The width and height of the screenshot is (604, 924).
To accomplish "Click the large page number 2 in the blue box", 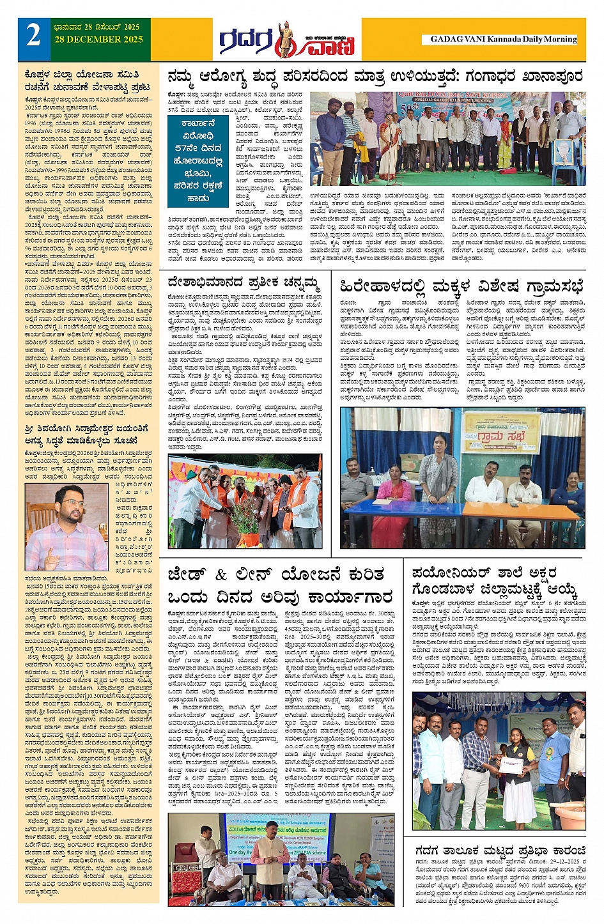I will click(x=33, y=36).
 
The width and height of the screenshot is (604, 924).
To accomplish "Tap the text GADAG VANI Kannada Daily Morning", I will click(x=503, y=39).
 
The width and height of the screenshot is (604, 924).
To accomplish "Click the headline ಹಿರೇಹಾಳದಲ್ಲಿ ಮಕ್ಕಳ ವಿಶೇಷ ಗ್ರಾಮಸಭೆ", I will click(x=462, y=285).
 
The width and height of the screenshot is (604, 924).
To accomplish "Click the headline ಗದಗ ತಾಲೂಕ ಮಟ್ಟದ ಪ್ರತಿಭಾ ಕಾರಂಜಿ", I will click(x=500, y=851).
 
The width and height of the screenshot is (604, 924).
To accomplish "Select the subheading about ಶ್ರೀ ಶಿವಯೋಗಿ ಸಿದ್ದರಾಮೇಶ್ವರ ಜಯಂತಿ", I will click(x=88, y=433).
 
